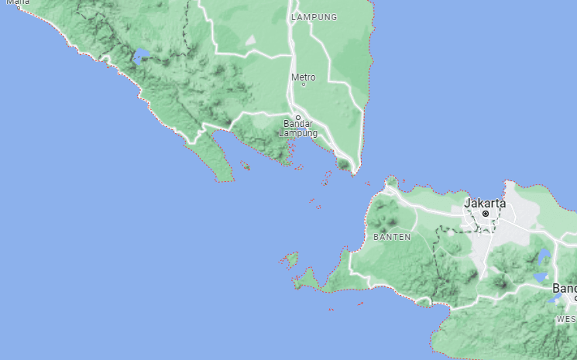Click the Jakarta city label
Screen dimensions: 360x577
485,203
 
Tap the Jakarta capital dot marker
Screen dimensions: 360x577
486,213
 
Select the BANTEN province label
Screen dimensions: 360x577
392,237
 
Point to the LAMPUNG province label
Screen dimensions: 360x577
314,17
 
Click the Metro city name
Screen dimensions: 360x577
303,77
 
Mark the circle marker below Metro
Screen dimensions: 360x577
303,84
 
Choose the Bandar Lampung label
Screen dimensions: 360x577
297,128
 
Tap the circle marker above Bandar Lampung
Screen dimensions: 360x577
297,118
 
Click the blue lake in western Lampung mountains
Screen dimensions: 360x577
141,56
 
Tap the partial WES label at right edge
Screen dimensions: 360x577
566,319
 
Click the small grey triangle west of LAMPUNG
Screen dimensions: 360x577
250,39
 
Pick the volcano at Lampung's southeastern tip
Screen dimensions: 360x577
342,164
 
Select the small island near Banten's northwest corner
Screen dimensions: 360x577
392,182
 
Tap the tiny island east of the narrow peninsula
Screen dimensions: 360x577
245,165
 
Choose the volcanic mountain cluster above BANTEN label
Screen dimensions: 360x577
385,211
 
